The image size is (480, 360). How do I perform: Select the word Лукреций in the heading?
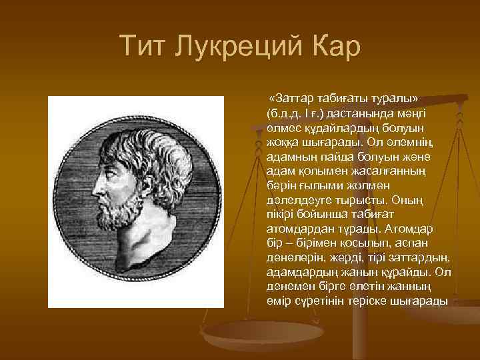[241, 47]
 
